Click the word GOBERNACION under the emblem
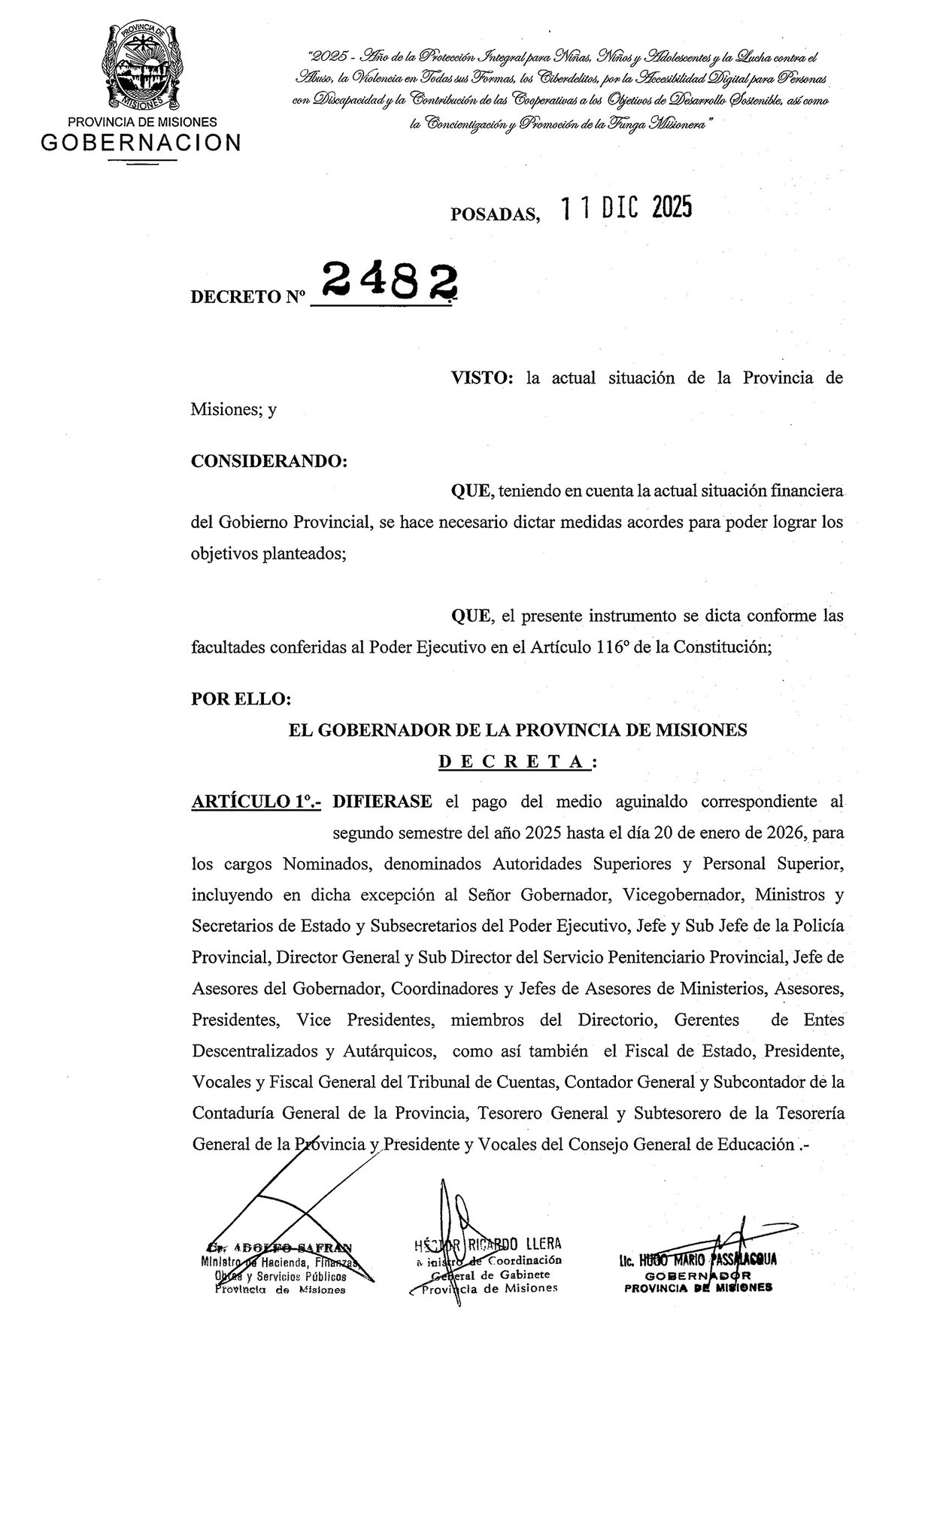(141, 143)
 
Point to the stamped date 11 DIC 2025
(626, 209)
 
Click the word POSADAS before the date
(495, 216)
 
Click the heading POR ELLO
(241, 699)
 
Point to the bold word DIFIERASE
(382, 802)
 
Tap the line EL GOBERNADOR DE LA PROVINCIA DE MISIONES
(518, 729)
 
